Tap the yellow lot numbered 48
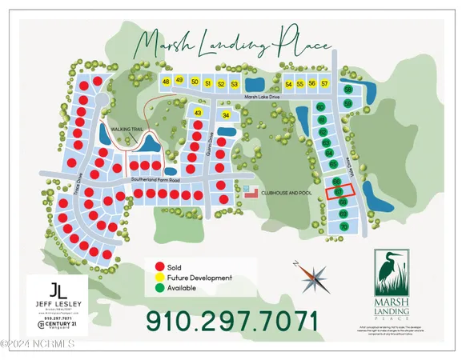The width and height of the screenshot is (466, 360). coord(167,82)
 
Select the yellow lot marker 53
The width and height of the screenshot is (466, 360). coord(235,84)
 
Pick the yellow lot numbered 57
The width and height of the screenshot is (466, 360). coord(324,83)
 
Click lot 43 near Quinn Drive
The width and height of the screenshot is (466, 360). coord(198,114)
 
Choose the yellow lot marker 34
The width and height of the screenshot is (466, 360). coord(226,115)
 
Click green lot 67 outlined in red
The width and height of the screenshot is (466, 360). coord(338,192)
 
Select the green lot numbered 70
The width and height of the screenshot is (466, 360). coord(344,227)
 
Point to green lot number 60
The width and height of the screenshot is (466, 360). coord(320,106)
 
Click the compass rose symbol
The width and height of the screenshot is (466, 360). coord(312,278)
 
